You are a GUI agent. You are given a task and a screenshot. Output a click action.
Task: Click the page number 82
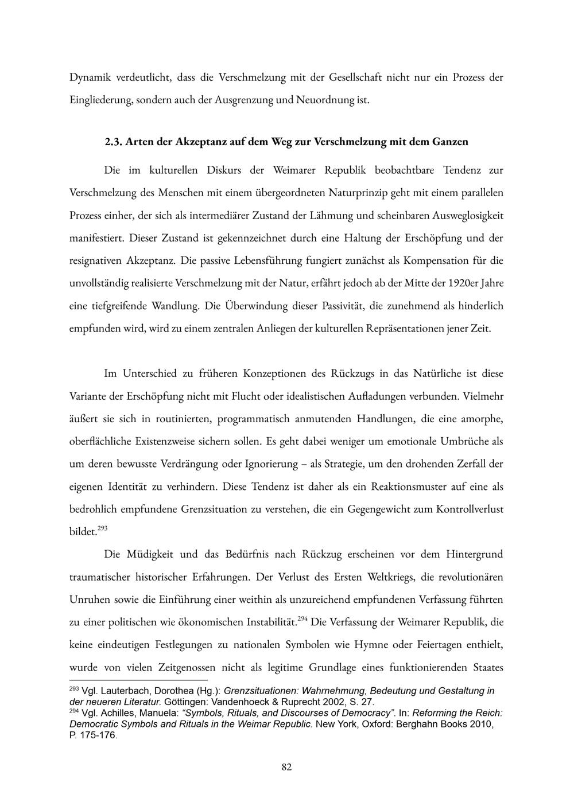coord(287,767)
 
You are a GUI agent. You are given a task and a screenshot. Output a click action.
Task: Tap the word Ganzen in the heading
coord(449,142)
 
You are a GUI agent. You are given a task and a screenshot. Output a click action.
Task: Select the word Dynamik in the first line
coord(88,77)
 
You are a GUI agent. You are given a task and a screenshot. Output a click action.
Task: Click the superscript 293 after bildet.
coord(103,528)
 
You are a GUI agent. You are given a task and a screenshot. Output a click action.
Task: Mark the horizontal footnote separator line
coord(138,680)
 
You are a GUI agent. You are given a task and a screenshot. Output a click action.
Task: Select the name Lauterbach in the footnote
coord(122,691)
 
